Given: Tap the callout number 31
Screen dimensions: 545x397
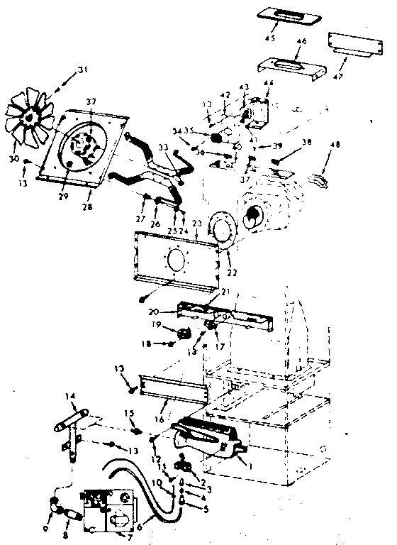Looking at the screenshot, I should tap(84, 69).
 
